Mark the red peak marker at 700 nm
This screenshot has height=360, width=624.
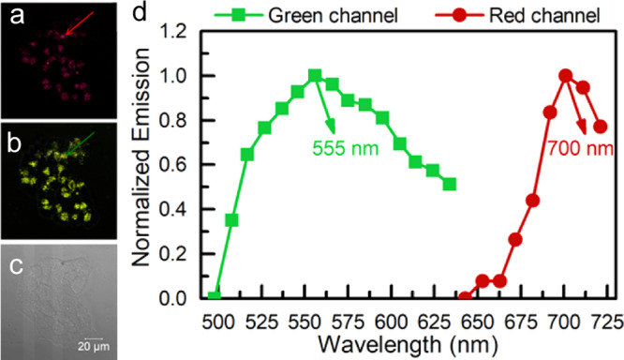[565, 76]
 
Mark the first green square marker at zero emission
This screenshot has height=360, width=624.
[214, 297]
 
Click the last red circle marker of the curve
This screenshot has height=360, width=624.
[601, 127]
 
